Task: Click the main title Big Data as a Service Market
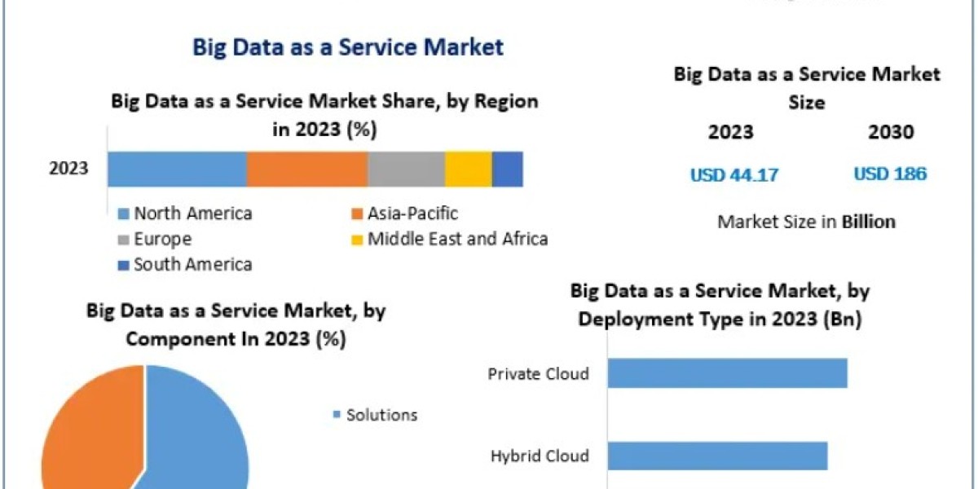click(x=348, y=46)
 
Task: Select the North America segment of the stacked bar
click(x=177, y=169)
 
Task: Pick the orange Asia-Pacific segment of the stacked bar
click(x=307, y=169)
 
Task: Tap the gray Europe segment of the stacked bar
click(x=406, y=169)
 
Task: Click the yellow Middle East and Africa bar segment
click(x=468, y=169)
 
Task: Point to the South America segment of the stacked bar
click(x=507, y=169)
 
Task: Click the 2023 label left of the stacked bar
click(x=68, y=170)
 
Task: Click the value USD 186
click(x=890, y=174)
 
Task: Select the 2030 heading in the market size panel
click(x=891, y=132)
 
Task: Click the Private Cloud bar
click(x=727, y=373)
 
